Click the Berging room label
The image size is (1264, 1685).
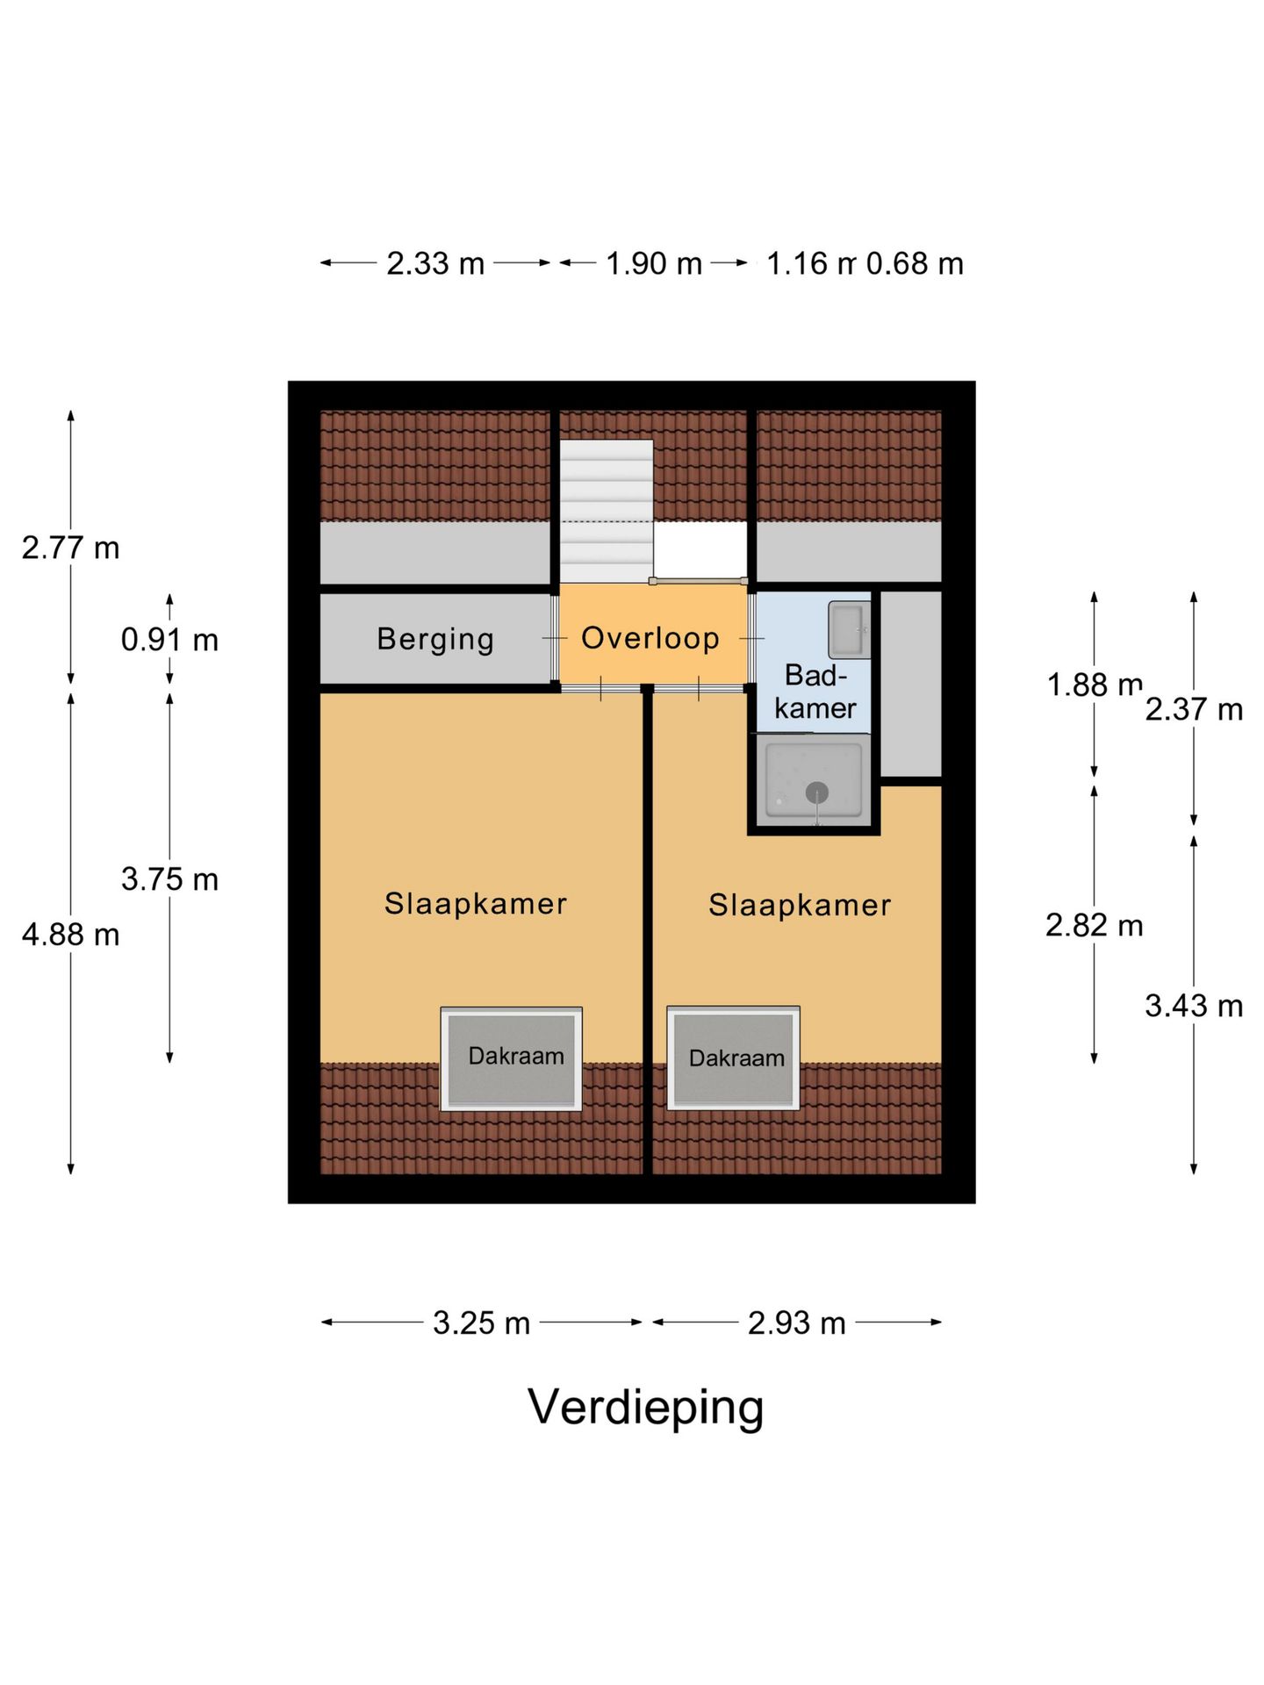point(435,639)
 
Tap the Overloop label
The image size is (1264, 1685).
point(650,638)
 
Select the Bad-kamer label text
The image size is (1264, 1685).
point(815,692)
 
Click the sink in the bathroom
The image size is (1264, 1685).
point(849,630)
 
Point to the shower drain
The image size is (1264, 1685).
point(817,792)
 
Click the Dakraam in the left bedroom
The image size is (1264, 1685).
point(512,1059)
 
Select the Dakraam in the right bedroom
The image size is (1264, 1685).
point(733,1058)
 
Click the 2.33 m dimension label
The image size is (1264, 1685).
point(435,263)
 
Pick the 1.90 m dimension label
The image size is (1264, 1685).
point(654,263)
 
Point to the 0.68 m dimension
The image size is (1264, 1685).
point(915,263)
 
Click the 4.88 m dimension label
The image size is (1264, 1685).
point(71,935)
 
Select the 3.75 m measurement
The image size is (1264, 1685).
point(169,879)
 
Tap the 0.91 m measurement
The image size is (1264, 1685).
point(169,640)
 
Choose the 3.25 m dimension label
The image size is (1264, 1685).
point(481,1323)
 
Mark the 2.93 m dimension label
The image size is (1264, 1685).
point(796,1323)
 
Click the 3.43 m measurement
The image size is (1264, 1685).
point(1194,1006)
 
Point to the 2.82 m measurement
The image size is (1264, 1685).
point(1095,925)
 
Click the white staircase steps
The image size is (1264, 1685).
point(607,511)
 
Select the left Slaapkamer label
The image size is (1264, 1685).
point(476,903)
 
